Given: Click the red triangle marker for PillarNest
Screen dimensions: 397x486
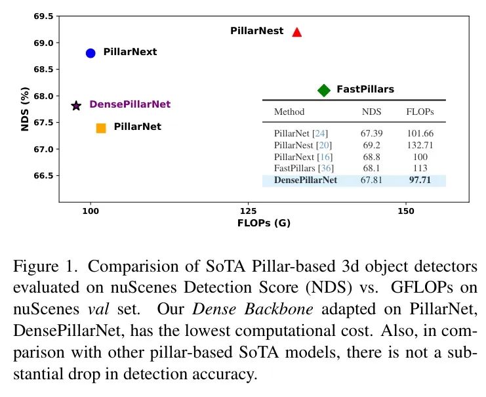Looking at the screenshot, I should [296, 31].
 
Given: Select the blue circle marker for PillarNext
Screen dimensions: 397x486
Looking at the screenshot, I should [91, 52].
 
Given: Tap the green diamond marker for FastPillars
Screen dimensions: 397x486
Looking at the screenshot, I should [323, 90].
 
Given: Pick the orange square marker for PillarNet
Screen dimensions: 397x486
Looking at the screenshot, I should [101, 128].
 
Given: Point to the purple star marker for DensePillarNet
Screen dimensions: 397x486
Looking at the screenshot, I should [76, 105].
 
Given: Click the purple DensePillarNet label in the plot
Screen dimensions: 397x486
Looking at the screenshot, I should [130, 104].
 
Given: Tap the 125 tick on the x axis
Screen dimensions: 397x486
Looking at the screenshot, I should [248, 212].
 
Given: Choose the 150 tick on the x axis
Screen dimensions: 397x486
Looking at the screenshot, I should [406, 212].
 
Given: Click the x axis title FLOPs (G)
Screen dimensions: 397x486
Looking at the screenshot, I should [264, 223].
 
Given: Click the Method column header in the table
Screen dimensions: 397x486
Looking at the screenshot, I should [289, 112].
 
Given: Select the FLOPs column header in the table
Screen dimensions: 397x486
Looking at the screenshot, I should [420, 112].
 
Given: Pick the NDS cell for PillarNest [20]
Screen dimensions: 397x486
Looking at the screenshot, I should [372, 145].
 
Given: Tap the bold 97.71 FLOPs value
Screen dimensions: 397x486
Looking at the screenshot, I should [420, 180].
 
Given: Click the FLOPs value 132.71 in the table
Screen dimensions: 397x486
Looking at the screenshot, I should [420, 145].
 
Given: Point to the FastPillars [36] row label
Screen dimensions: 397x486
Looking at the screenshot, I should [304, 169].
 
